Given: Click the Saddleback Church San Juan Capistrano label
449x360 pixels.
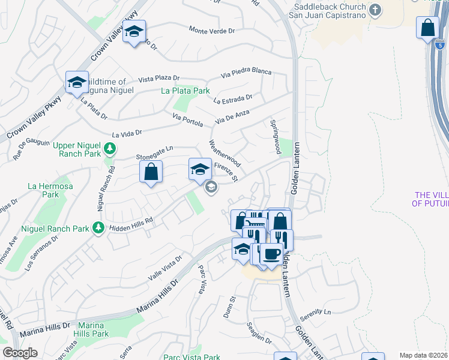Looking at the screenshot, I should click(x=328, y=10).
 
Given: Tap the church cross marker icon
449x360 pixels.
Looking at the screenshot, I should click(x=375, y=10).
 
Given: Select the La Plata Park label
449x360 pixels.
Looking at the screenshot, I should click(x=185, y=91).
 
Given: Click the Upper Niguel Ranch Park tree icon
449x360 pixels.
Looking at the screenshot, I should click(x=109, y=148).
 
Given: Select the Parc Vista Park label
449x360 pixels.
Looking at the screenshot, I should click(x=191, y=357).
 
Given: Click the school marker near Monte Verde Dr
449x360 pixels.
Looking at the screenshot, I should click(x=134, y=31).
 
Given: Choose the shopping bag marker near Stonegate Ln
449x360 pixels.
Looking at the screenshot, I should click(x=151, y=172).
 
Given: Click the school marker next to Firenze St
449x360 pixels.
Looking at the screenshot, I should click(x=200, y=169).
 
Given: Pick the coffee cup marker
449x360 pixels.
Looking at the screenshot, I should click(x=271, y=253).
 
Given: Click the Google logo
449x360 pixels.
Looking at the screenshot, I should click(x=19, y=353).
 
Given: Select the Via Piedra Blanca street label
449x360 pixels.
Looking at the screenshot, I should click(x=246, y=72).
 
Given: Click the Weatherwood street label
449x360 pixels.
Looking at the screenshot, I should click(x=224, y=154).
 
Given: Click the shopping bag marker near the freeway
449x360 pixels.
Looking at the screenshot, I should click(x=427, y=28).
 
